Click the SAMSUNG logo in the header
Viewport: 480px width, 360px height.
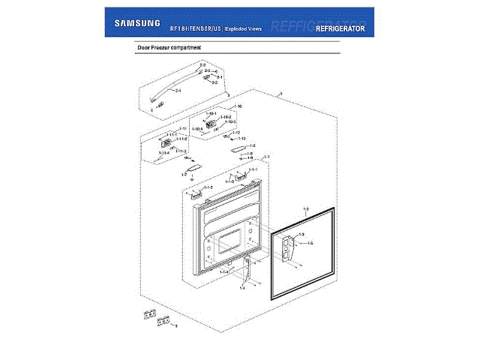pyautogui.click(x=137, y=22)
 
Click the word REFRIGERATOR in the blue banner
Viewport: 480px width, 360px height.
pyautogui.click(x=340, y=28)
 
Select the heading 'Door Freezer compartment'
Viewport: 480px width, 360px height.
pyautogui.click(x=169, y=47)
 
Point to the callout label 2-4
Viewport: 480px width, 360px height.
pyautogui.click(x=178, y=91)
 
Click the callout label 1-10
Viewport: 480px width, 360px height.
pyautogui.click(x=238, y=107)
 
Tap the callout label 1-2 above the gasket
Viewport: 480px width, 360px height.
pyautogui.click(x=306, y=207)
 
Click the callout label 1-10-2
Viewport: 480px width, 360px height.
pyautogui.click(x=225, y=118)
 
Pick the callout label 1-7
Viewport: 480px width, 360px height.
pyautogui.click(x=184, y=174)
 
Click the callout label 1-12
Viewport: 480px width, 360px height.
pyautogui.click(x=235, y=133)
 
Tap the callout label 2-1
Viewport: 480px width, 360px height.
pyautogui.click(x=220, y=77)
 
